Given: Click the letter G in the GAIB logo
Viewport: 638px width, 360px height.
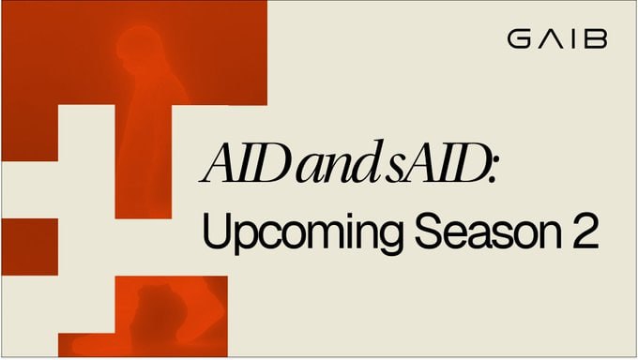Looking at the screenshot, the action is [x=519, y=40].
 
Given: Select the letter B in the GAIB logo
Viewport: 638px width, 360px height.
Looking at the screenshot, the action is [x=596, y=40].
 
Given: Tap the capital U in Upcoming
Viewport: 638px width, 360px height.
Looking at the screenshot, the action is [x=216, y=231].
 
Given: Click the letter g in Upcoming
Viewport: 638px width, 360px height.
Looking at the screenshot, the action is [x=389, y=239].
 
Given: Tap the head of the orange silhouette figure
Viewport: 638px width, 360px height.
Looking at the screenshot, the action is [x=138, y=46].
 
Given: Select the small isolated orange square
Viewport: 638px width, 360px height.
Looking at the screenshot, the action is [x=29, y=247].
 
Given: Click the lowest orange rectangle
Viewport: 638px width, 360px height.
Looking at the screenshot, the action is [x=143, y=317].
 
